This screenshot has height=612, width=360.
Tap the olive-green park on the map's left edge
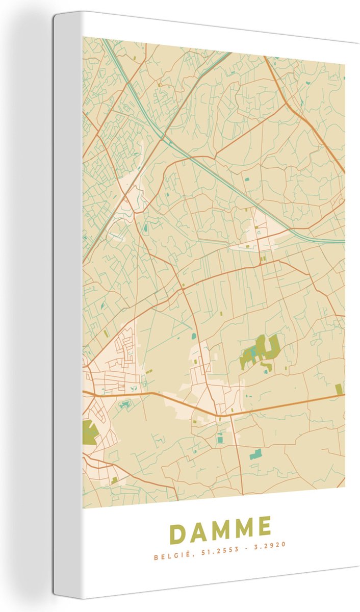pyautogui.click(x=89, y=432)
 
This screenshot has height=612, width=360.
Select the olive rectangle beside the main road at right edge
pyautogui.click(x=339, y=390)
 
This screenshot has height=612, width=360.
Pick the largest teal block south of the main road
pyautogui.click(x=255, y=454)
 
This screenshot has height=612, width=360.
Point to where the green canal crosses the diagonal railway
pyautogui.click(x=163, y=137)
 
